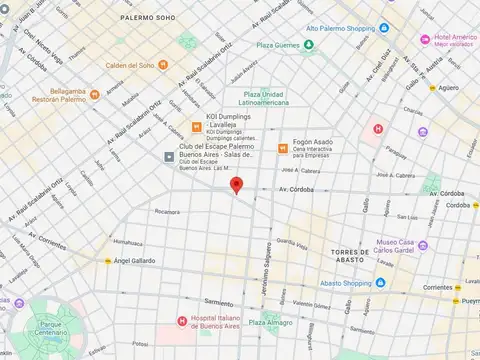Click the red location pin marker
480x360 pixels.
pyautogui.click(x=236, y=185)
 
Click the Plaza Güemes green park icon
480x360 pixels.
pyautogui.click(x=310, y=45)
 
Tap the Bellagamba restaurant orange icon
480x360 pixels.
pyautogui.click(x=95, y=95)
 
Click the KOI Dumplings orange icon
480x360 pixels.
pyautogui.click(x=197, y=127)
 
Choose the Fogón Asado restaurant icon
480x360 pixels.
pyautogui.click(x=283, y=148)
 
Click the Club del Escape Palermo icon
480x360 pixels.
pyautogui.click(x=171, y=157)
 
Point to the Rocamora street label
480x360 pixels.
pyautogui.click(x=166, y=211)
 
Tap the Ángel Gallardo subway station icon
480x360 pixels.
pyautogui.click(x=107, y=261)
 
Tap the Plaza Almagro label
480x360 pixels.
pyautogui.click(x=271, y=323)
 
